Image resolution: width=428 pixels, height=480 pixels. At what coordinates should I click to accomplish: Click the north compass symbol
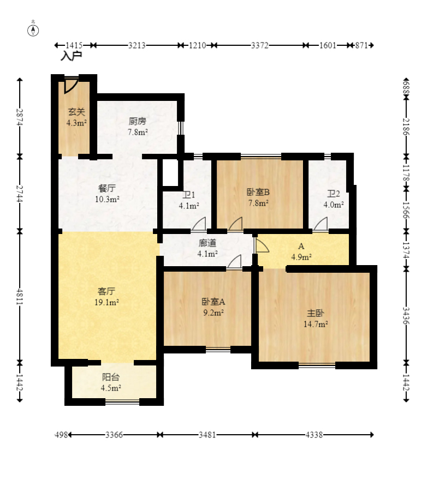(33, 29)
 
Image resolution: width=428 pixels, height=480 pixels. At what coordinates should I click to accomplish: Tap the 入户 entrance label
(72, 56)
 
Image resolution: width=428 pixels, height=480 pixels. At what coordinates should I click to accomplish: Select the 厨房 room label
(137, 122)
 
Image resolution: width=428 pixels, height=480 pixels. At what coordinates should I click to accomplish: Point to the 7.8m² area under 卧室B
(258, 203)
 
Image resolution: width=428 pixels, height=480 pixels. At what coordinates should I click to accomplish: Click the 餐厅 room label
(107, 188)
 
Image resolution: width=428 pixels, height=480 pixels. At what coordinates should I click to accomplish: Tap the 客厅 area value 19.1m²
(106, 302)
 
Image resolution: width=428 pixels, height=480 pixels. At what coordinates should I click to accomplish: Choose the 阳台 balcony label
(111, 377)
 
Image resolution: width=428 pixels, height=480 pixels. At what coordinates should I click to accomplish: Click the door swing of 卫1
(199, 224)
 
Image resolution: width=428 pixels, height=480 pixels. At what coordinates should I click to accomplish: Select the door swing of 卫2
(320, 224)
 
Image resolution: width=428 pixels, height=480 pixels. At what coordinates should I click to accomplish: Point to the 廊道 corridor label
(207, 243)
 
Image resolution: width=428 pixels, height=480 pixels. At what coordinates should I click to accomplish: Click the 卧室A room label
(213, 302)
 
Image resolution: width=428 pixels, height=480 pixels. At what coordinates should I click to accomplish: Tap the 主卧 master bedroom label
(316, 313)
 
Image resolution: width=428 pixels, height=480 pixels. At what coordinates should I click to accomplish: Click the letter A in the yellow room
(301, 246)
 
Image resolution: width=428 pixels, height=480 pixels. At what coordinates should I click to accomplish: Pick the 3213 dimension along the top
(136, 45)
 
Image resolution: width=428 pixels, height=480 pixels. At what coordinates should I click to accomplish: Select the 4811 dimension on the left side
(20, 297)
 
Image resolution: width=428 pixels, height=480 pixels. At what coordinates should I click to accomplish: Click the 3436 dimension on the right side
(406, 316)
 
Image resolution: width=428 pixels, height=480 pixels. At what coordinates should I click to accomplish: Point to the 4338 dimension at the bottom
(314, 435)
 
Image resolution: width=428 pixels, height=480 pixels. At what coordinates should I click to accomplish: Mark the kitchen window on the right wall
(181, 129)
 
